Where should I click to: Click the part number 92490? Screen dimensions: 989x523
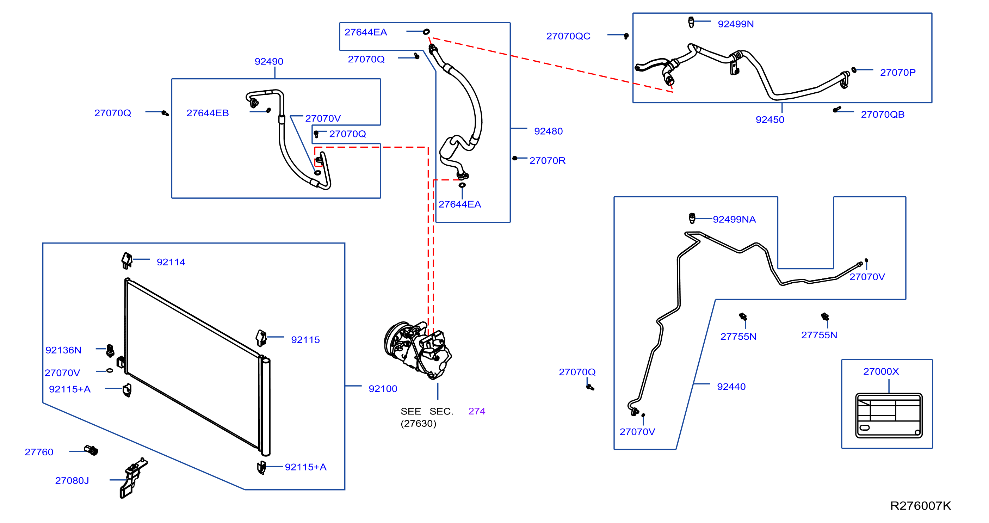click(269, 61)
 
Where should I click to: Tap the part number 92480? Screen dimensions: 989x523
click(548, 131)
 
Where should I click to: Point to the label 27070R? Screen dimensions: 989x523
click(547, 160)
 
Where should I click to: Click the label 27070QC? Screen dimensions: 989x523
click(568, 36)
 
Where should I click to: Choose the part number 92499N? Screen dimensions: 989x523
click(736, 24)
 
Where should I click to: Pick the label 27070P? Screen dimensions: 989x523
click(898, 72)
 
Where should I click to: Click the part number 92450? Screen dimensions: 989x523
click(770, 120)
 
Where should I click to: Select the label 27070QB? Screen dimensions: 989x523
click(883, 115)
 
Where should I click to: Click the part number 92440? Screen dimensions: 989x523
click(731, 387)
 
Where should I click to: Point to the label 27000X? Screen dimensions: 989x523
click(881, 371)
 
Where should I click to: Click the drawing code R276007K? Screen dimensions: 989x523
click(921, 506)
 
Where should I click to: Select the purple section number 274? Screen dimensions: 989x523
click(477, 411)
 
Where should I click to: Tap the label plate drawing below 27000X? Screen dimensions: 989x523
click(889, 416)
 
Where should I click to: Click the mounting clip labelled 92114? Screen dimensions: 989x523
click(127, 261)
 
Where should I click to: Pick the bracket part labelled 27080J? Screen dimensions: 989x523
click(133, 478)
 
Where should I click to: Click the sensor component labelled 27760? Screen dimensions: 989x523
click(91, 450)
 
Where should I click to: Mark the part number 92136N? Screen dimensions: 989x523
click(63, 350)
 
